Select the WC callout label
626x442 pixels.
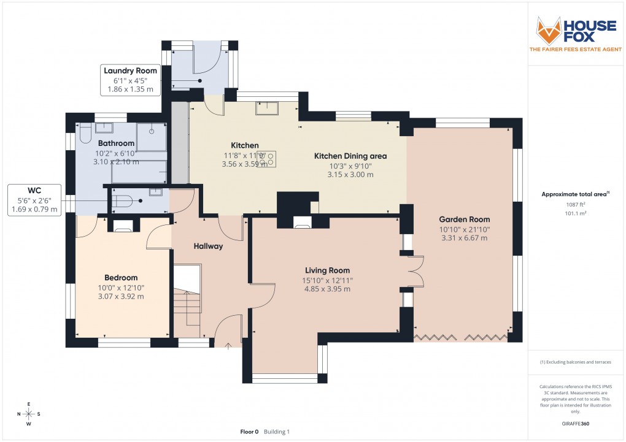coord(34,199)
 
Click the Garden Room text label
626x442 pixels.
coord(464,219)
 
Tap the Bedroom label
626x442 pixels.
coord(121,277)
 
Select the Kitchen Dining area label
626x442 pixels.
coord(350,156)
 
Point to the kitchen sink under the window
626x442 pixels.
coord(268,109)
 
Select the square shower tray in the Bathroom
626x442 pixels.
coord(152,136)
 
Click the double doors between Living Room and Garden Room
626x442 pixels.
coord(415,271)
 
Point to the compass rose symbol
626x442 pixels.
coord(28,413)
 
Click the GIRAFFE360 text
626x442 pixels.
coord(576,423)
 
